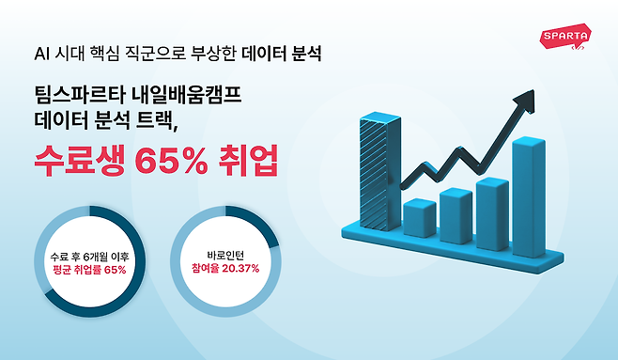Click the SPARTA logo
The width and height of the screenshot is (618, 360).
tap(566, 39)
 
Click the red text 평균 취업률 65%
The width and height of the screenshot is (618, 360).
tap(89, 270)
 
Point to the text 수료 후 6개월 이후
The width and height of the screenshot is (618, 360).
tap(89, 255)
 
